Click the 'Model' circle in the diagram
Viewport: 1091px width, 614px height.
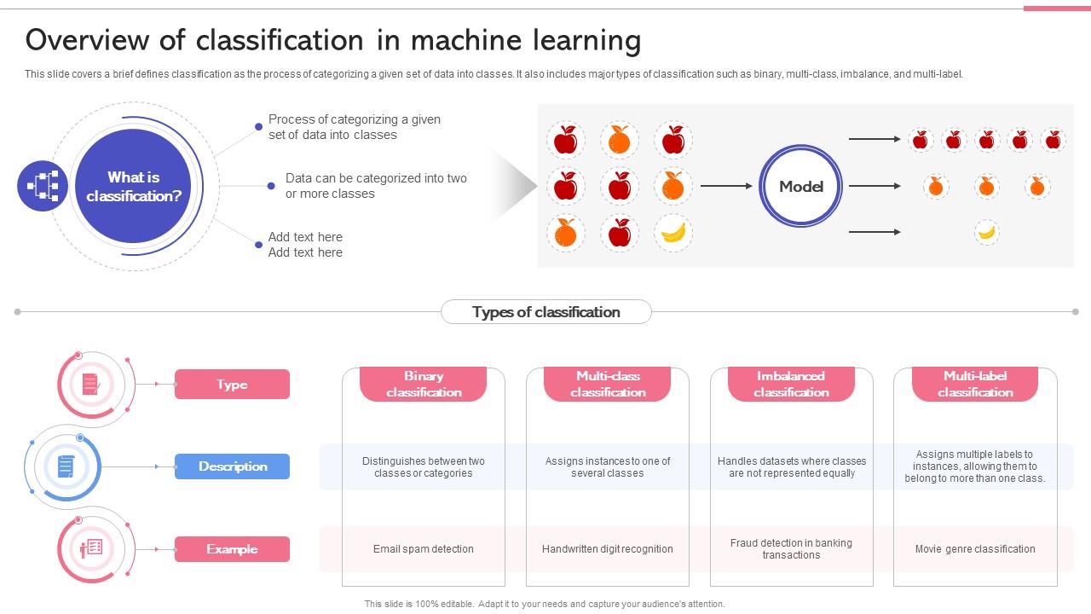point(800,186)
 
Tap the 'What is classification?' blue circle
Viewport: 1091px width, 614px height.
point(134,187)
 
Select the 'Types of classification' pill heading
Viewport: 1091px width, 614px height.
point(546,312)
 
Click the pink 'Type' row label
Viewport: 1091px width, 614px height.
point(232,385)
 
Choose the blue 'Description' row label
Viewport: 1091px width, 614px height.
point(232,466)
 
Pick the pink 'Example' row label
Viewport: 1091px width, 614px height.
point(232,549)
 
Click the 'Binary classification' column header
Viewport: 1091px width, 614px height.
point(424,384)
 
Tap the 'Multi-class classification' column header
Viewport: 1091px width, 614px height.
point(608,384)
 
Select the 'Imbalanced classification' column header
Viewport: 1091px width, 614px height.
point(791,384)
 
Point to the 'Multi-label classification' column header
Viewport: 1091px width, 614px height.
point(975,384)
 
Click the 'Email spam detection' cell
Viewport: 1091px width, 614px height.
point(424,549)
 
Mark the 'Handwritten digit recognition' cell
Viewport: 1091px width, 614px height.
point(608,549)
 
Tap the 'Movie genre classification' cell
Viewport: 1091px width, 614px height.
point(975,549)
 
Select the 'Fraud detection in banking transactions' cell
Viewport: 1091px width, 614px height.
point(791,549)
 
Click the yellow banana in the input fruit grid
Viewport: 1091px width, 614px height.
point(673,232)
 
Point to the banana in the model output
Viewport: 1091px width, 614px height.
point(987,232)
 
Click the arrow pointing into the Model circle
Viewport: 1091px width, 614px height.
point(726,186)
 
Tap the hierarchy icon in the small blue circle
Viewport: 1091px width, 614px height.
point(43,186)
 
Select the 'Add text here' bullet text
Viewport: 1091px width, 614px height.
point(305,245)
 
